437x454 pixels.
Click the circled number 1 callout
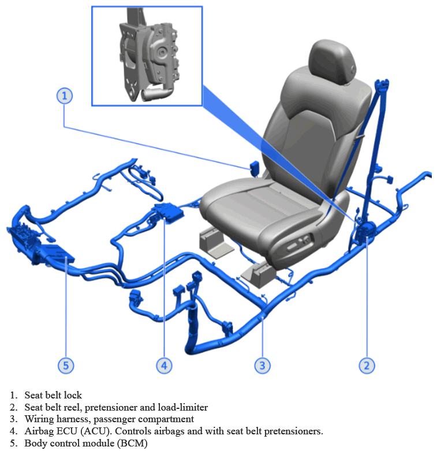(x=64, y=96)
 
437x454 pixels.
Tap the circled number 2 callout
(x=367, y=366)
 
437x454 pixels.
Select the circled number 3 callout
(x=263, y=366)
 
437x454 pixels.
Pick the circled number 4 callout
(x=164, y=366)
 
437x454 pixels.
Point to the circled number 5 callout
(x=66, y=366)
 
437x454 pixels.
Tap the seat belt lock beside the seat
(x=255, y=168)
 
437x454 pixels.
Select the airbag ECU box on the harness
(x=169, y=212)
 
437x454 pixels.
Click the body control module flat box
(x=57, y=254)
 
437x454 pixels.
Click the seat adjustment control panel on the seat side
(x=299, y=244)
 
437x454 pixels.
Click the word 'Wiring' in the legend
(x=39, y=419)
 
